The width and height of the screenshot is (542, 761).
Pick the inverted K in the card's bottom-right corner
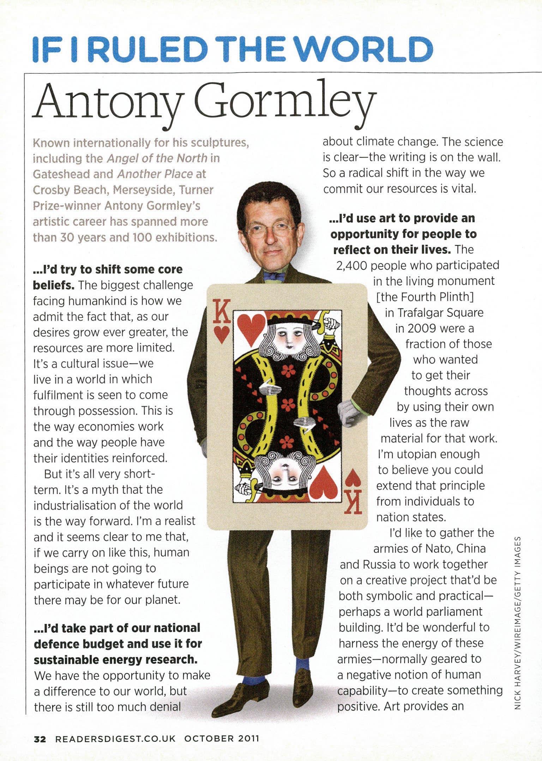tap(354, 501)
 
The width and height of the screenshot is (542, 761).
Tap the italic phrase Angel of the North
tap(157, 158)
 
